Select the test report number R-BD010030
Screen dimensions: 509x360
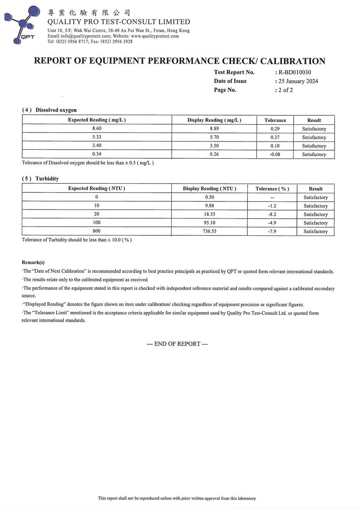click(295, 72)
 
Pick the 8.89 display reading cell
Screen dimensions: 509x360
click(214, 129)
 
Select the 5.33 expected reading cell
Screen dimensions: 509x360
click(97, 137)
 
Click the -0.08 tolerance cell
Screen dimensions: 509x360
click(275, 154)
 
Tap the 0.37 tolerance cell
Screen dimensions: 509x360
click(275, 137)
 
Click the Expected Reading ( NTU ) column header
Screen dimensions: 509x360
click(97, 188)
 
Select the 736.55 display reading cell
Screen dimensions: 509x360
click(209, 231)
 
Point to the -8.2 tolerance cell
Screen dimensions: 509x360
click(272, 214)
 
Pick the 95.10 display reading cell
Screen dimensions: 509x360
click(209, 223)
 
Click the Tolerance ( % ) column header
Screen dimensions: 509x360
click(272, 189)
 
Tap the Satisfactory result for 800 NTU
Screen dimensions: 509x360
click(316, 231)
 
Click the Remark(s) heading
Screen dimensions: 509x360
click(33, 262)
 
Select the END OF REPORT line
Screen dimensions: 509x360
click(177, 344)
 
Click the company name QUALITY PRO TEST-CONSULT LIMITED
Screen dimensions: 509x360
click(119, 22)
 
